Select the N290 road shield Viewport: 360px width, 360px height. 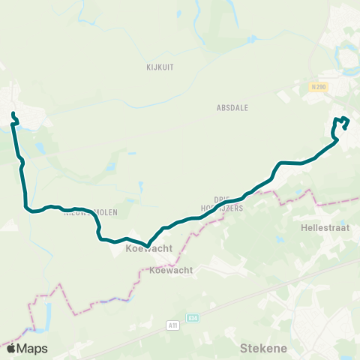point(318,88)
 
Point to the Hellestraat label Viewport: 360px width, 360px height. point(320,226)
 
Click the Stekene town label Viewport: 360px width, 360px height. point(260,348)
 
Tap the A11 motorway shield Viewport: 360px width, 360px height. point(173,325)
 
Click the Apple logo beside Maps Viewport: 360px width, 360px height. point(10,348)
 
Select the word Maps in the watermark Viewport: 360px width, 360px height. point(33,348)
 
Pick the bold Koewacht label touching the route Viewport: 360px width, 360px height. point(149,248)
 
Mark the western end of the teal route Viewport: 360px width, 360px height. point(13,114)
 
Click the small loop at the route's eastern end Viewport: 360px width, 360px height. point(341,124)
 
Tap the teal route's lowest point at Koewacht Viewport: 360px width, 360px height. point(148,244)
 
